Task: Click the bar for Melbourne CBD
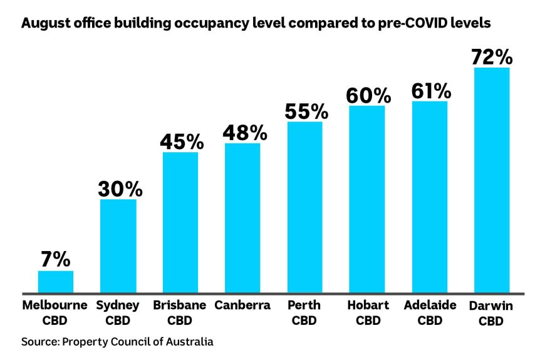(56, 282)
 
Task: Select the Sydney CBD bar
(118, 245)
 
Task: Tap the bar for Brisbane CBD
(180, 222)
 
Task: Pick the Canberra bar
(242, 218)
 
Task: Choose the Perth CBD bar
(305, 207)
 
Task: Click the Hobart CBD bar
(367, 199)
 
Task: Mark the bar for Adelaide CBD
(430, 197)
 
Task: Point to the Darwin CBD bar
(492, 180)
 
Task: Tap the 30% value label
(120, 188)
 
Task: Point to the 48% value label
(244, 133)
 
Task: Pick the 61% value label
(431, 91)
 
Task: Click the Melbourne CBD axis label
(56, 313)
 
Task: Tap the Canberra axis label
(242, 306)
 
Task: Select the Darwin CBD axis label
(492, 313)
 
